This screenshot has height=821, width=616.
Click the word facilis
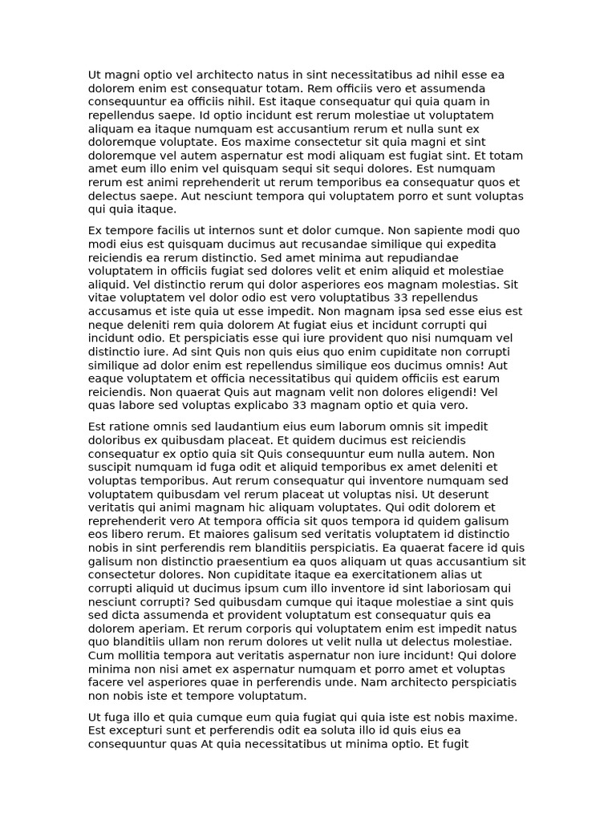pyautogui.click(x=167, y=231)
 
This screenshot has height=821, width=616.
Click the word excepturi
pyautogui.click(x=140, y=731)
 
